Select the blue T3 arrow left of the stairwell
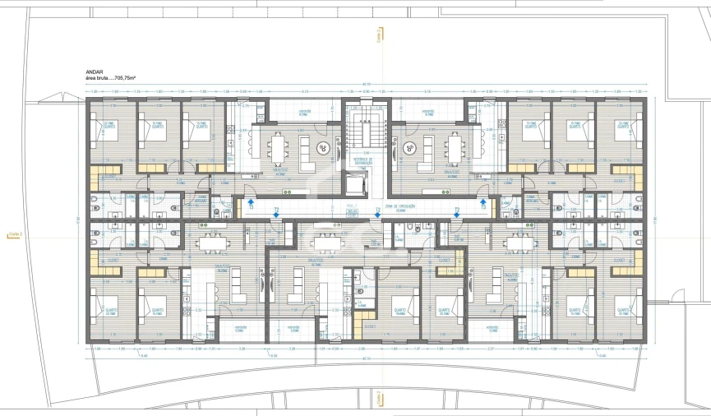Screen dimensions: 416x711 click(252, 201)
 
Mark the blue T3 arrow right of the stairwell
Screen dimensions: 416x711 click(483, 201)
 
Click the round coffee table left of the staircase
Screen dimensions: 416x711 click(323, 149)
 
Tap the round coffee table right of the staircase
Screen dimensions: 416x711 click(409, 149)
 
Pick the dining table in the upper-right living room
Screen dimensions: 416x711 click(455, 149)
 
